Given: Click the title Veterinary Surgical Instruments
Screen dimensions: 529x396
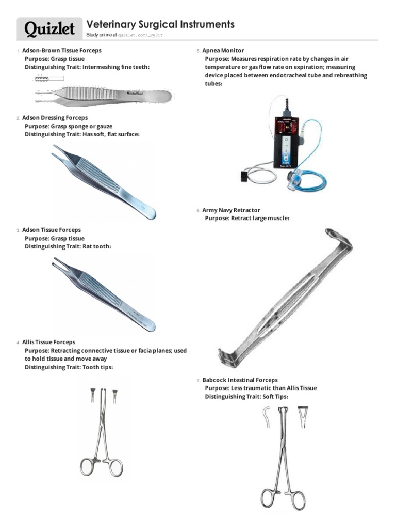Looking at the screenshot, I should click(160, 24).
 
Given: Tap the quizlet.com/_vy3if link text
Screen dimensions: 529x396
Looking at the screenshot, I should click(143, 35).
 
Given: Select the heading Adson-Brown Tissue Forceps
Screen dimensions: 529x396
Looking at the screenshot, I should click(62, 51).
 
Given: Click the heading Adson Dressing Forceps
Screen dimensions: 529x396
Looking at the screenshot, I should click(55, 118).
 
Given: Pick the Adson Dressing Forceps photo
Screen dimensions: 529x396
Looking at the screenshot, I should click(103, 181).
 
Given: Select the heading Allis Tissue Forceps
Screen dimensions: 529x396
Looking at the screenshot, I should click(48, 342).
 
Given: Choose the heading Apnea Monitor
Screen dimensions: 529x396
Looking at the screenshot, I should click(219, 51).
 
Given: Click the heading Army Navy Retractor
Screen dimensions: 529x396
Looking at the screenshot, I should click(231, 210).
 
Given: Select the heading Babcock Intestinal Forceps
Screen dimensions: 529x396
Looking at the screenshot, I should click(240, 380).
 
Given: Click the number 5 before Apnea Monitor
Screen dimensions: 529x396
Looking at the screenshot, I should click(198, 51).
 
